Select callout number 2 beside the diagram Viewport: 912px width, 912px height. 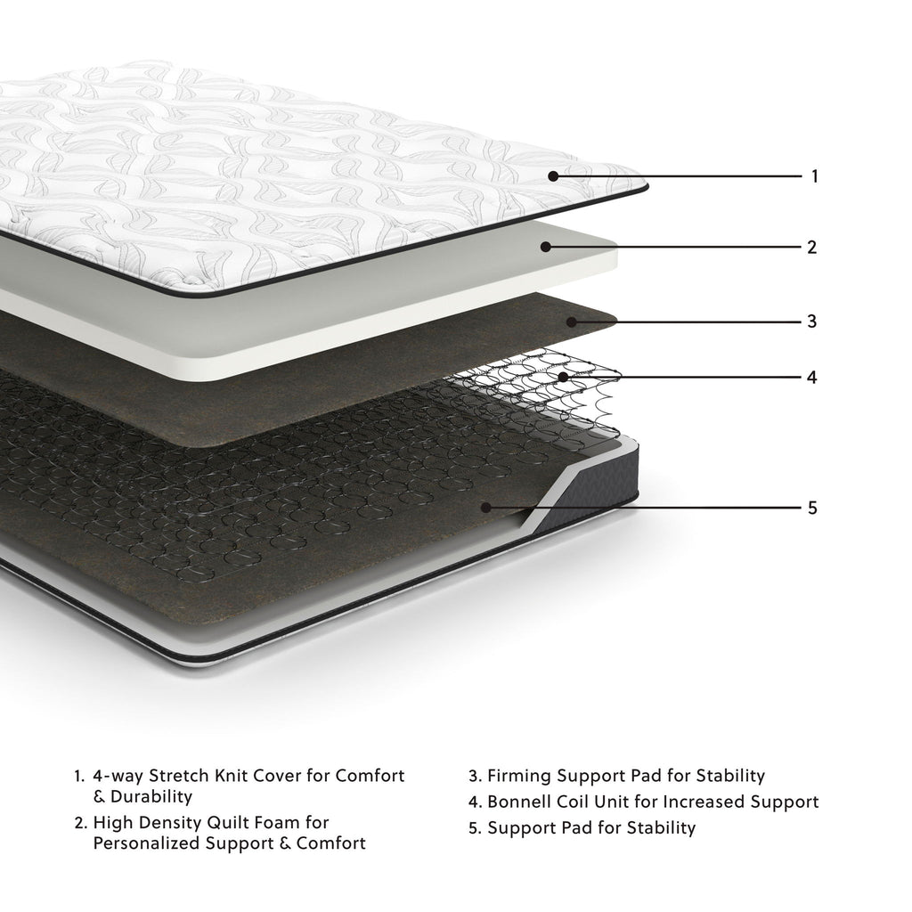(x=811, y=248)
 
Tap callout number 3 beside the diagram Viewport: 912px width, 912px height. (x=811, y=321)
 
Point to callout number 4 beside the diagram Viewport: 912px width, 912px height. (x=811, y=377)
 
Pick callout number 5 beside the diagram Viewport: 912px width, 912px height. (x=811, y=508)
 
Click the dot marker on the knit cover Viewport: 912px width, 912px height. (x=553, y=176)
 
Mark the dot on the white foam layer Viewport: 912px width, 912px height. (x=545, y=248)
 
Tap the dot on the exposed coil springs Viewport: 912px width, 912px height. (x=563, y=377)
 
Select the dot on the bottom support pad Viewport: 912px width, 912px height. (x=485, y=508)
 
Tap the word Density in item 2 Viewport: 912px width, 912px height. (x=167, y=822)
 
